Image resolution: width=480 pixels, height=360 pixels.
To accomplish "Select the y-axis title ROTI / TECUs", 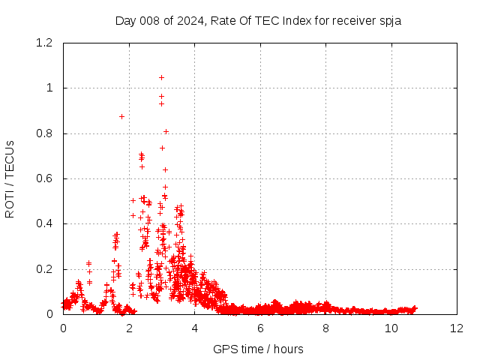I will point(10,179).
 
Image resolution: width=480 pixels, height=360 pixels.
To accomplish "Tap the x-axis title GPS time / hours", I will point(259,349).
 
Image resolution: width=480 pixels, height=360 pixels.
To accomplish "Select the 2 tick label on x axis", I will point(129,328).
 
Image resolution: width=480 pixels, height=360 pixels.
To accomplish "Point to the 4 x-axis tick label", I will point(195,328).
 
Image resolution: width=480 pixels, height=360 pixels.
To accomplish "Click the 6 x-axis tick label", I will point(260,328).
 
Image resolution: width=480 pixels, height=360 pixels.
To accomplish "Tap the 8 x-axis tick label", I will point(326,328).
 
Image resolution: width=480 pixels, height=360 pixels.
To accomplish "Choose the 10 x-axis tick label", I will point(391,328).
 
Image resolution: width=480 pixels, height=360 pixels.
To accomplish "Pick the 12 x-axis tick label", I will point(457,328).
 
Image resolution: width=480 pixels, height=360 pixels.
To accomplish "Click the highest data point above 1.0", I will point(161,77).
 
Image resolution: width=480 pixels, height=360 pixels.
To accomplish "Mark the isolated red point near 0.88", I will point(121,116).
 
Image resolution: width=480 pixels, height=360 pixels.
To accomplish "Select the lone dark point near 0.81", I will point(166,131).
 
